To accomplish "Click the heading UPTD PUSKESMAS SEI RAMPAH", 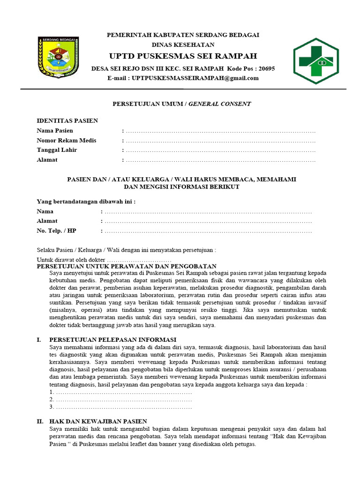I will (183, 56).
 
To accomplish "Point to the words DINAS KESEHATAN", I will (183, 45).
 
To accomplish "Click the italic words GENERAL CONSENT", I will (219, 104).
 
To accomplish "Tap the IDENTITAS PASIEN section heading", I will (67, 120).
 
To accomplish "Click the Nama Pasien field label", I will (55, 130).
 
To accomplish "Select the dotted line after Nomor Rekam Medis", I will (220, 141).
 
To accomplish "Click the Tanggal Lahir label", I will (57, 150).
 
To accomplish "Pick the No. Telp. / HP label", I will (56, 231).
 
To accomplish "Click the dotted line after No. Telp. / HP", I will (208, 231).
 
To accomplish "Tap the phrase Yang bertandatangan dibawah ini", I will (86, 202).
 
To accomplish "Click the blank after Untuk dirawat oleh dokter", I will (139, 260).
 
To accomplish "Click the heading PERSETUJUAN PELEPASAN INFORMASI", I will (112, 339).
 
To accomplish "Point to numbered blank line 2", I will (123, 399).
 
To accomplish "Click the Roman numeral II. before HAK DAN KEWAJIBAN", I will (40, 421).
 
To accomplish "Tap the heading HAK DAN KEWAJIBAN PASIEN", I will (98, 421).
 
